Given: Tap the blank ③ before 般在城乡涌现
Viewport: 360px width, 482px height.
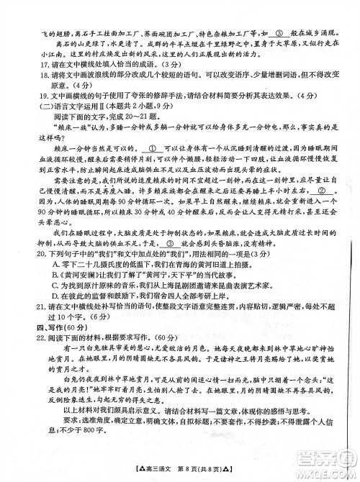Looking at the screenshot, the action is (279, 33).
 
